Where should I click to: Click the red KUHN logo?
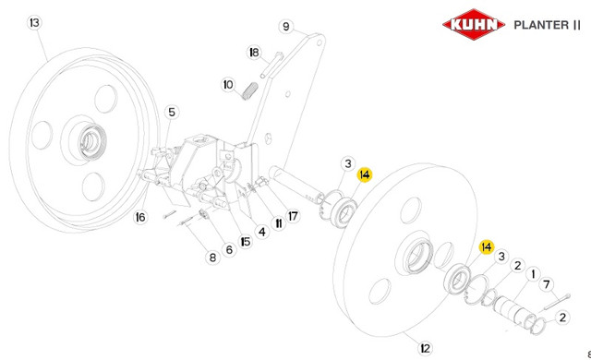click(x=474, y=25)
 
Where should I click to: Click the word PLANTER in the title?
click(x=542, y=25)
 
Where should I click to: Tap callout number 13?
click(x=35, y=22)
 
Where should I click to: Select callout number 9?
click(x=286, y=27)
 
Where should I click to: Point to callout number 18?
click(x=255, y=53)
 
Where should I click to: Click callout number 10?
click(x=228, y=84)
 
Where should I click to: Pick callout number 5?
click(x=172, y=112)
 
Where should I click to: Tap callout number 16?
click(x=140, y=217)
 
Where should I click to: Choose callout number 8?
click(x=212, y=258)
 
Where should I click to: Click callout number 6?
click(x=229, y=249)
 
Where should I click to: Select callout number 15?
click(x=246, y=241)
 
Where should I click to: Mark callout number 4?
click(x=262, y=232)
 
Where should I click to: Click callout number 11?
click(x=279, y=223)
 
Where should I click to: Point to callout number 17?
click(x=293, y=216)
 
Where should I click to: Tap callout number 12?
click(x=425, y=348)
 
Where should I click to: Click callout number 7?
click(x=547, y=284)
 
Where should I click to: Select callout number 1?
click(x=533, y=274)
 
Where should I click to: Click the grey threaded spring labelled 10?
click(x=249, y=91)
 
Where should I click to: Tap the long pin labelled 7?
click(x=556, y=302)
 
